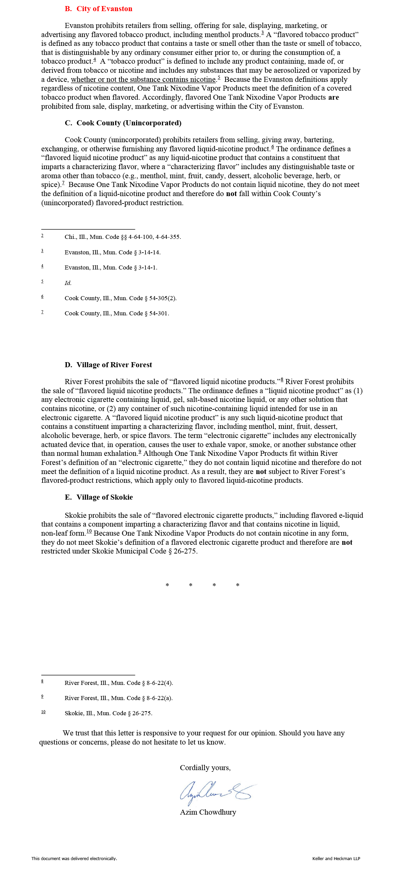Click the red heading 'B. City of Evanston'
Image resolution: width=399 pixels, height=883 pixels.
tap(99, 9)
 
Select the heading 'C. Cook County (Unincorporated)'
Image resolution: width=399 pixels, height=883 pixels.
tap(123, 123)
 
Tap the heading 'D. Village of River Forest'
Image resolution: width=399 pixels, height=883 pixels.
tap(108, 365)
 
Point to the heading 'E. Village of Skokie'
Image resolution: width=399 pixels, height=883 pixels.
tap(99, 497)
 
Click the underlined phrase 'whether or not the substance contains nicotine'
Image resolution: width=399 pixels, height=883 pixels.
tap(143, 80)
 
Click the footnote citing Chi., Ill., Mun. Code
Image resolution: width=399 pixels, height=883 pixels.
tap(123, 237)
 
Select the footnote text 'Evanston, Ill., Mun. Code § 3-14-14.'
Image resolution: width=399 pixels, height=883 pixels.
tap(113, 252)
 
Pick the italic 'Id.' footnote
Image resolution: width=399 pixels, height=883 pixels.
tap(68, 283)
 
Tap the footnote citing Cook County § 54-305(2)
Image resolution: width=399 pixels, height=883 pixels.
tap(121, 298)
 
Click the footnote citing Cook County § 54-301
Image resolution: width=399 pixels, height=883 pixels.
tap(117, 313)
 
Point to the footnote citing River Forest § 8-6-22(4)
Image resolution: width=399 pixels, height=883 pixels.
tap(119, 683)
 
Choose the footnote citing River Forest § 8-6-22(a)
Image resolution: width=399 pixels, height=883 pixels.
tap(118, 698)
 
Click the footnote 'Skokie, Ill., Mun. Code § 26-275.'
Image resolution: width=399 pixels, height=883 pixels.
tap(108, 713)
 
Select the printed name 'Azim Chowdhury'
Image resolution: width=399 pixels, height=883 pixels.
tap(208, 812)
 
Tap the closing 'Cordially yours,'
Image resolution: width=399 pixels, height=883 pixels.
tap(205, 767)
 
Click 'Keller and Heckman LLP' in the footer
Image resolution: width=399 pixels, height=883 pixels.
tap(336, 858)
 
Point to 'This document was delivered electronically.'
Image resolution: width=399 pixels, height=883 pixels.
tap(74, 858)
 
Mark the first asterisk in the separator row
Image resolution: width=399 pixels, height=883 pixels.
tap(167, 585)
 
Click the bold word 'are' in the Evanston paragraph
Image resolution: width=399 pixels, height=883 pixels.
tap(334, 97)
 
